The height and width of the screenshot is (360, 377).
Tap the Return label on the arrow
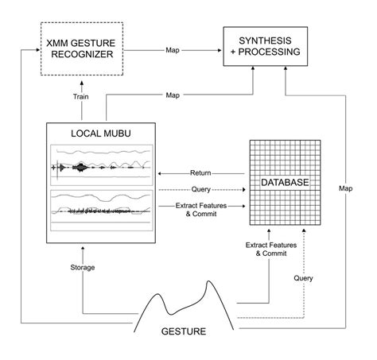point(200,172)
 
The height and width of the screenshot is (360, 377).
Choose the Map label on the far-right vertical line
point(345,188)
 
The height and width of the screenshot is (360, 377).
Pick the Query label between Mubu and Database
point(201,189)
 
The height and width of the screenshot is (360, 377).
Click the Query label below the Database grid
point(303,278)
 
